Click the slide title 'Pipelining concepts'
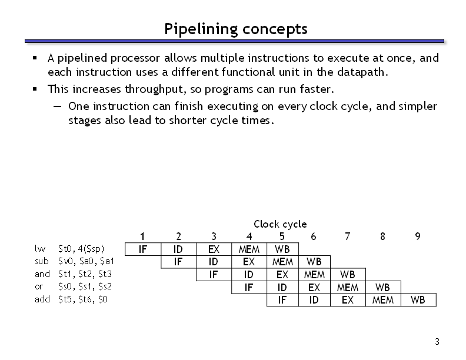pyautogui.click(x=236, y=29)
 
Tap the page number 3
pyautogui.click(x=437, y=342)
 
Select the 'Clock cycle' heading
pyautogui.click(x=280, y=224)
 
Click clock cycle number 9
pyautogui.click(x=418, y=236)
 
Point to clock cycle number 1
pyautogui.click(x=142, y=236)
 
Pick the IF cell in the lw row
pyautogui.click(x=143, y=249)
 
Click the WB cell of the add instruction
pyautogui.click(x=418, y=300)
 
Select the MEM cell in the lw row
pyautogui.click(x=249, y=249)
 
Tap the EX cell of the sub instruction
pyautogui.click(x=249, y=262)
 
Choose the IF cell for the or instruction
pyautogui.click(x=249, y=287)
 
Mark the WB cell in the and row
pyautogui.click(x=348, y=275)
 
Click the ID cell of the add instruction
pyautogui.click(x=314, y=300)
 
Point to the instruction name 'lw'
pyautogui.click(x=40, y=249)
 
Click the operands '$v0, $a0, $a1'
pyautogui.click(x=86, y=261)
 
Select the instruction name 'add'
pyautogui.click(x=42, y=299)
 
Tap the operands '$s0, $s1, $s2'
pyautogui.click(x=85, y=286)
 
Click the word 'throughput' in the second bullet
pyautogui.click(x=155, y=89)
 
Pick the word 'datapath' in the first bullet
pyautogui.click(x=361, y=72)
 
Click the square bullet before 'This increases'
pyautogui.click(x=35, y=89)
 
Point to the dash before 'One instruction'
pyautogui.click(x=57, y=106)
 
